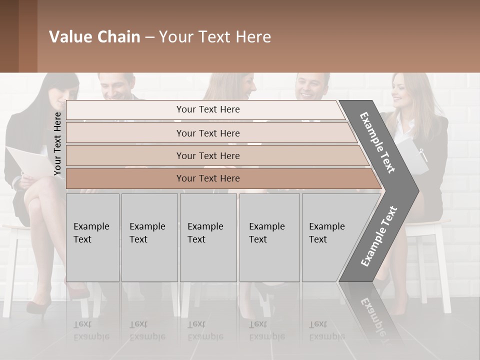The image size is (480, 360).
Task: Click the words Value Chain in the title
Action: [94, 37]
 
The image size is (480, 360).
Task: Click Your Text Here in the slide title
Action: [215, 37]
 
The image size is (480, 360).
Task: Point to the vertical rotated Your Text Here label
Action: [57, 143]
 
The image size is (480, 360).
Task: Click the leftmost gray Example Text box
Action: [92, 237]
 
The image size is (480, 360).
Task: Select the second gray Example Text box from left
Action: [149, 237]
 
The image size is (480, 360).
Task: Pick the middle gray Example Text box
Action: [208, 237]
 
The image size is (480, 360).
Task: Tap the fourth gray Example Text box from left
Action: [269, 237]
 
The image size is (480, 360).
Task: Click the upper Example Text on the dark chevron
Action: [378, 142]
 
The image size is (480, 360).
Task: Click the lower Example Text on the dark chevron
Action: [378, 236]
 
